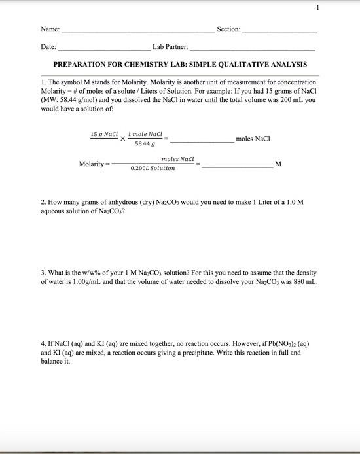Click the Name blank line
tap(137, 31)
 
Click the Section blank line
tap(279, 31)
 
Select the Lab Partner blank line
tap(252, 48)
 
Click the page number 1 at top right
tap(317, 8)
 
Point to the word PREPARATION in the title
tap(82, 65)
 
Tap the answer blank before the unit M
tap(237, 164)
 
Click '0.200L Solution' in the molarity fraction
tap(153, 169)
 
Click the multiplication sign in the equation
tap(122, 139)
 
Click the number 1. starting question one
tap(43, 83)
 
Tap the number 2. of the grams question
tap(43, 203)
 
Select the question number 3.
tap(43, 272)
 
